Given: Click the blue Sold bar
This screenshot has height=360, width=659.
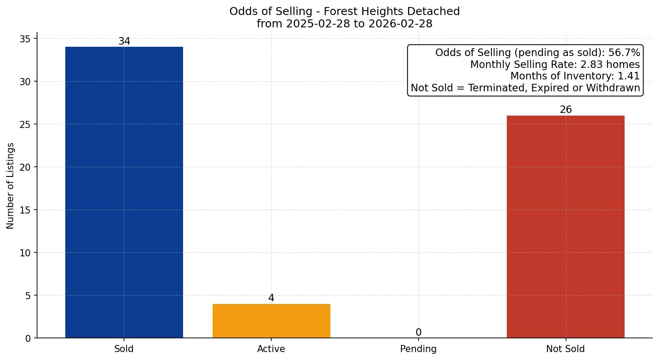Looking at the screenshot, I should (x=124, y=192).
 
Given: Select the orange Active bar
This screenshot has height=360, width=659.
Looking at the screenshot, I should (x=271, y=321).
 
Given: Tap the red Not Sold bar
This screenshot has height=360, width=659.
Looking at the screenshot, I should (x=565, y=226).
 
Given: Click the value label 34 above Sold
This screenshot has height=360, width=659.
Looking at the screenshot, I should (x=124, y=41).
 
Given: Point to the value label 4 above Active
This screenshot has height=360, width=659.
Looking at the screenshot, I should (x=271, y=298).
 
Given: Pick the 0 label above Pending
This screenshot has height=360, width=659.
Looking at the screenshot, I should (x=418, y=333).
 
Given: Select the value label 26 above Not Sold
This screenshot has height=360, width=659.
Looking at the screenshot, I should (x=565, y=110).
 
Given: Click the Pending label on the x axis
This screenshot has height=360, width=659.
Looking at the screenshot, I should (x=418, y=349).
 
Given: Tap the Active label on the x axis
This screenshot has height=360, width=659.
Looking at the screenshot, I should (x=271, y=349).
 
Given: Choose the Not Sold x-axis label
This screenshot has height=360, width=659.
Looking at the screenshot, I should (x=565, y=349).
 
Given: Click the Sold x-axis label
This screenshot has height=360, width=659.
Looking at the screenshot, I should (x=124, y=349).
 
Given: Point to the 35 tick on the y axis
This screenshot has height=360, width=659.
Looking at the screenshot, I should (x=26, y=39).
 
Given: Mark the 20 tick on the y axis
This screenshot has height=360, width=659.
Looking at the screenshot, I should (x=26, y=167).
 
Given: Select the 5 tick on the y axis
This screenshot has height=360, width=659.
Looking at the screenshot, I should (x=28, y=296).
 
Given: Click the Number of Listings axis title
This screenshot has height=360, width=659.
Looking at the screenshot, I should (x=11, y=185).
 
